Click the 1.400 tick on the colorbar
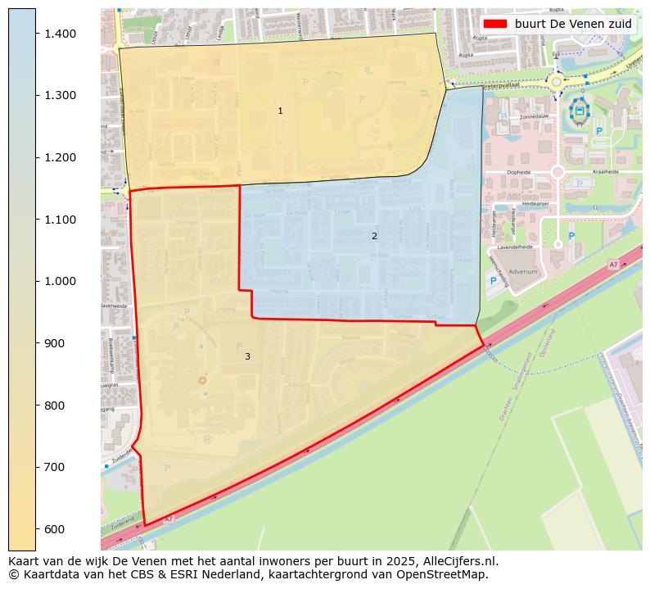coord(59,34)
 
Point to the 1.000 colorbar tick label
coord(59,281)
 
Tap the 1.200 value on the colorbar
coord(59,157)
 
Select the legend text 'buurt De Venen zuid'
coord(573,24)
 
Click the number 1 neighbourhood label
coord(280,111)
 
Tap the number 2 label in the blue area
coord(374,236)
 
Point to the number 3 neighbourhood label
coord(247,356)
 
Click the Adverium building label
coord(522,271)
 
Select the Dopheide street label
coord(519,172)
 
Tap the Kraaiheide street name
coord(605,172)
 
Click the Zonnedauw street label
coord(534,117)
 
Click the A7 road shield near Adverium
coord(613,265)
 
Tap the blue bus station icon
coord(580,110)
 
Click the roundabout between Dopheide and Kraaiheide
coord(557,172)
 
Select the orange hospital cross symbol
coord(202,380)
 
